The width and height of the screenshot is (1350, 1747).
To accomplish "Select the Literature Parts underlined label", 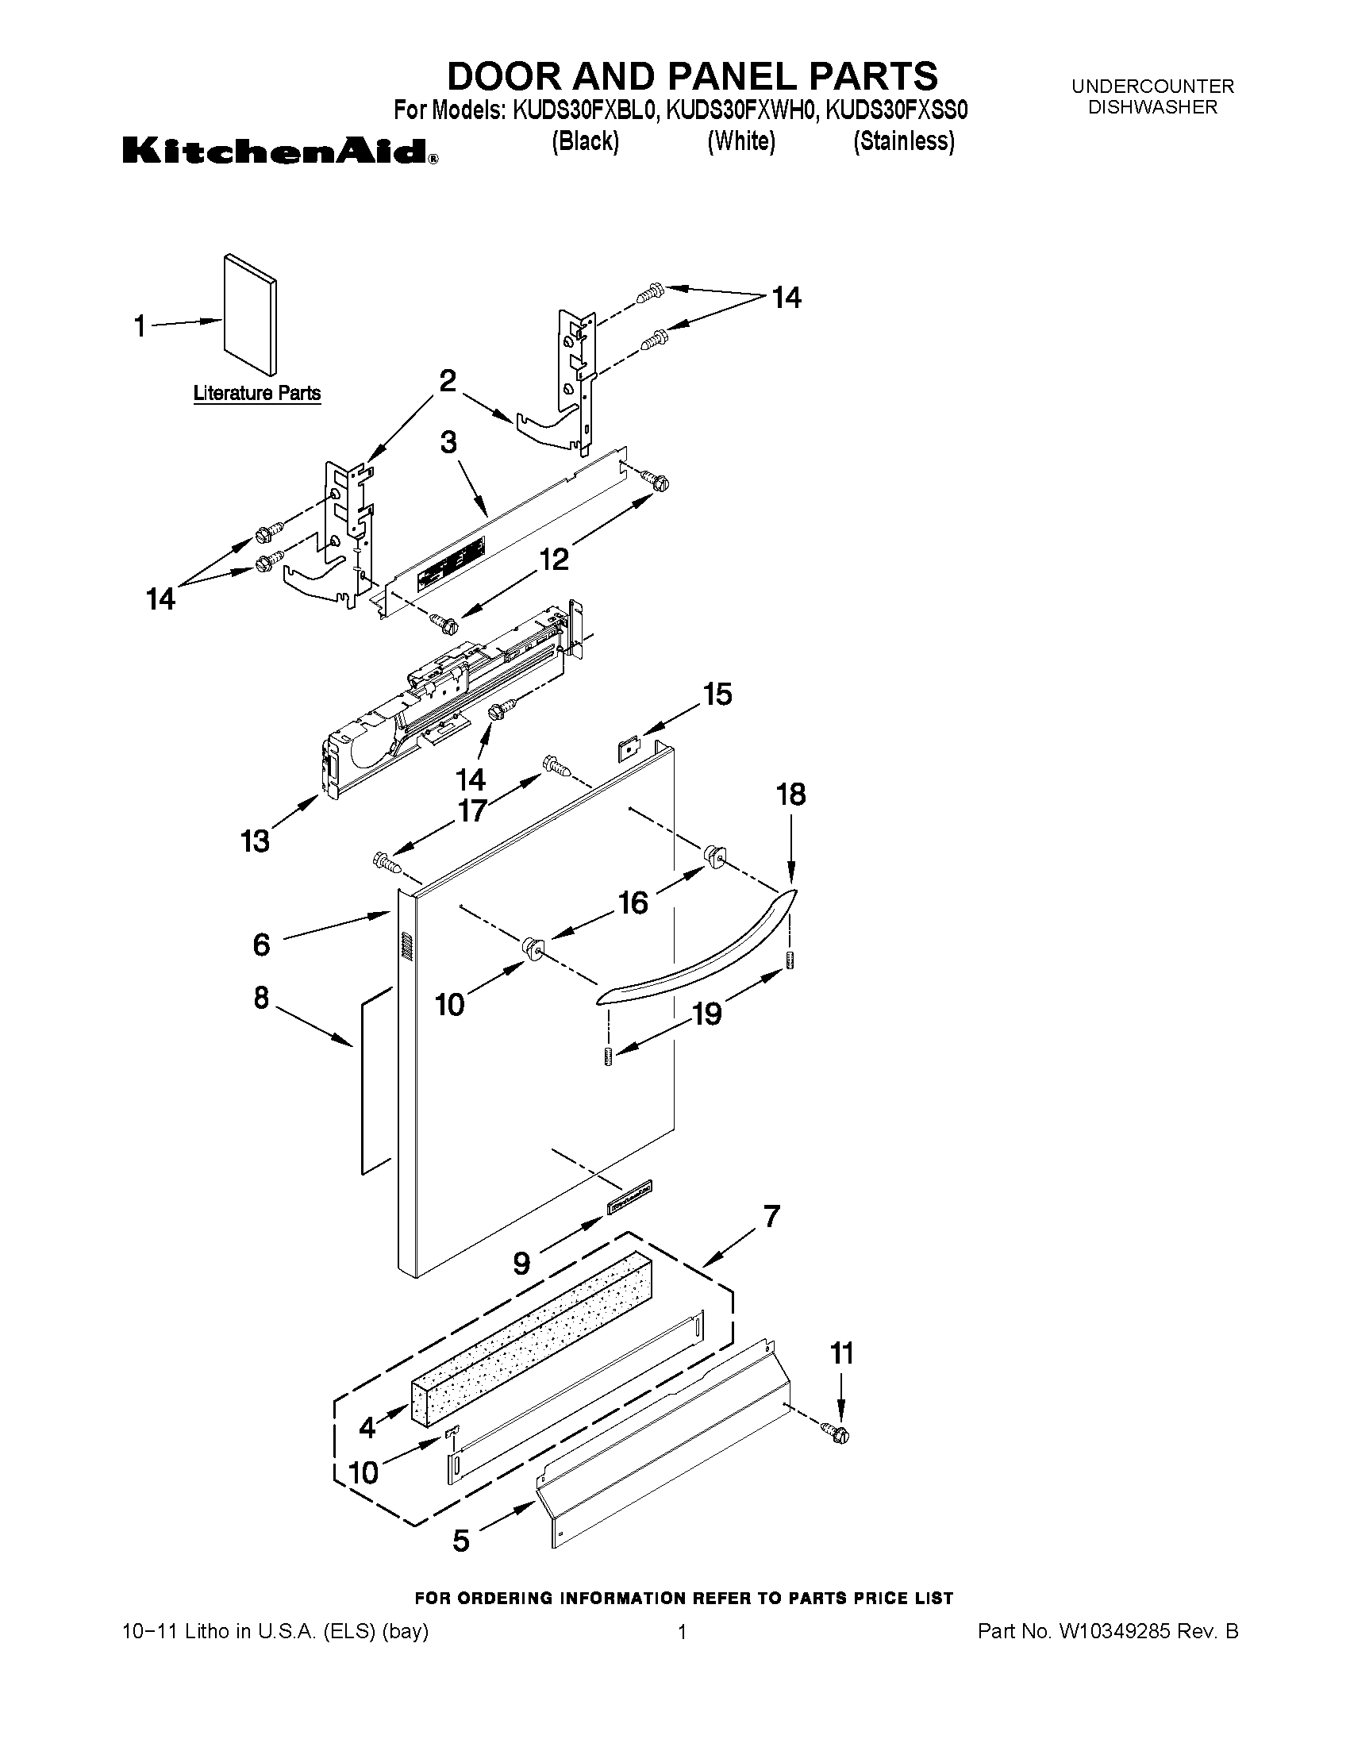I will [256, 393].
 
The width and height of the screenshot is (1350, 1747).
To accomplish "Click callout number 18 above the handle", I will [790, 795].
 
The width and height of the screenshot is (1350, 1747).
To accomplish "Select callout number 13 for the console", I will [255, 841].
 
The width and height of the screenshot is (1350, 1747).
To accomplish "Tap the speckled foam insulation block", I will [532, 1337].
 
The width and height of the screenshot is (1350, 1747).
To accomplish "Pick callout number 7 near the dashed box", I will [771, 1217].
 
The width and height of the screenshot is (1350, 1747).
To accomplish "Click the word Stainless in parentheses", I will [904, 141].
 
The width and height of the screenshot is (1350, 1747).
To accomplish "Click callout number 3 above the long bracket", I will [448, 441].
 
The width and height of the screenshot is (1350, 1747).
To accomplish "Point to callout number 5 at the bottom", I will [461, 1541].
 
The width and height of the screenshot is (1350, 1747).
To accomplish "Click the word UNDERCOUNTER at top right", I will [1152, 86].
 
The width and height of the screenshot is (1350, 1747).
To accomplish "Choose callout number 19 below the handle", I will [707, 1014].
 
